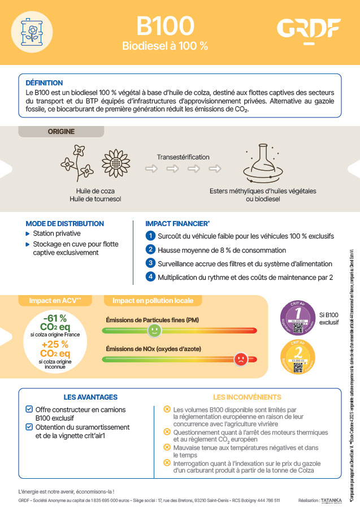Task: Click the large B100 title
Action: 165,25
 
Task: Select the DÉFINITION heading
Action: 44,83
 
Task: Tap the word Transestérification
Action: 183,157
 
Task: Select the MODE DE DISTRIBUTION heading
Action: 65,223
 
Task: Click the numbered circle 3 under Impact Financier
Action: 150,263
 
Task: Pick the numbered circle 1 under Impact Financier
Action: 150,235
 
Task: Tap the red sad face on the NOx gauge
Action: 241,358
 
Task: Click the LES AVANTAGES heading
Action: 90,397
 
